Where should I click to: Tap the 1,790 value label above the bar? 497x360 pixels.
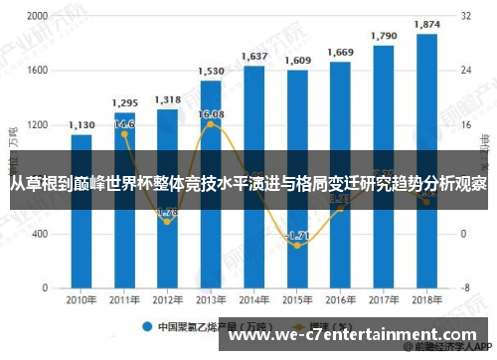(384, 36)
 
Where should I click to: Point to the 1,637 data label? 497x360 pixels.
(254, 57)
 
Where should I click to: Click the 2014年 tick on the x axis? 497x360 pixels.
(254, 298)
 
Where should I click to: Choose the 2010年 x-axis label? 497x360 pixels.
(83, 298)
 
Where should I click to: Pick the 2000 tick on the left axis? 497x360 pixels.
(36, 17)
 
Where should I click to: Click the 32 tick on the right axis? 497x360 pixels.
(466, 17)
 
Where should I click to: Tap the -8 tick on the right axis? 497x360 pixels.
(466, 287)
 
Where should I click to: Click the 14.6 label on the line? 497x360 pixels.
(125, 124)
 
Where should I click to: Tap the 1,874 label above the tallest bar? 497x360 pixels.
(426, 24)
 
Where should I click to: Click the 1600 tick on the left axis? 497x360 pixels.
(36, 71)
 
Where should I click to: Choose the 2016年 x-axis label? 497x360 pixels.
(341, 298)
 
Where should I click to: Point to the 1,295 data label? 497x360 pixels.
(125, 102)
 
